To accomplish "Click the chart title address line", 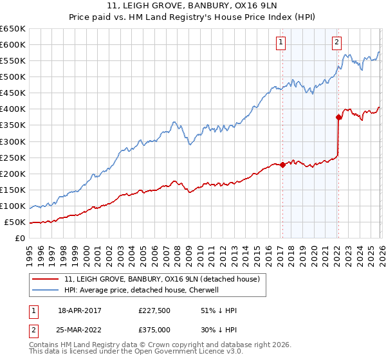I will click(193, 6).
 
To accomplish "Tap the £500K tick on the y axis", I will click(13, 77).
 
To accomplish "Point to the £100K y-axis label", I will click(13, 206).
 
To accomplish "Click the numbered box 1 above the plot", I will click(282, 43).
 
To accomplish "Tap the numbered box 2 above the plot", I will click(336, 43).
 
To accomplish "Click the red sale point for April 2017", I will click(282, 165).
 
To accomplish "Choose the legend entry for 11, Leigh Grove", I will click(161, 279).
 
